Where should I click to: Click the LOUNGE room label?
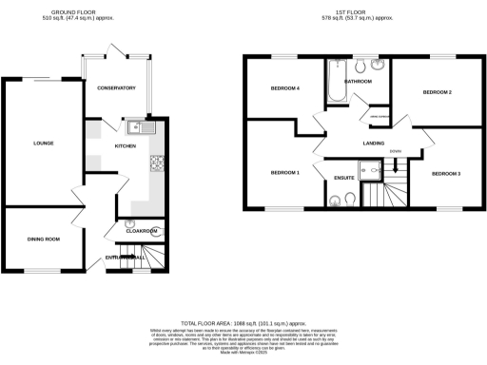click(42, 144)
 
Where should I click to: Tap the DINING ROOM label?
click(43, 239)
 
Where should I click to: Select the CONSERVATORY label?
click(116, 88)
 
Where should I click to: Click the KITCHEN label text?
click(126, 146)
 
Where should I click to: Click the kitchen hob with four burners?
click(155, 165)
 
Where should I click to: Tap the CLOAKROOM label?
click(141, 231)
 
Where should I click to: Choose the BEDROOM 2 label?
click(437, 92)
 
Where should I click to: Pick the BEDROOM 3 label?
click(445, 174)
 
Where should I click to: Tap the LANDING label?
click(374, 143)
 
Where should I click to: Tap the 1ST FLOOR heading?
click(364, 11)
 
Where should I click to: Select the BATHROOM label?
click(359, 83)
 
